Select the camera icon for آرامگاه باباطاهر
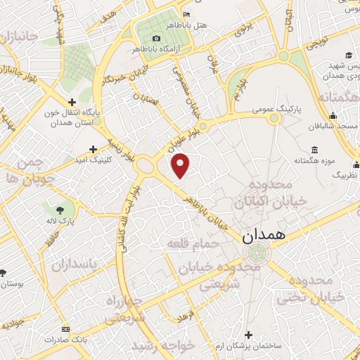pyautogui.click(x=155, y=38)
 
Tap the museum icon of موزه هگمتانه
pyautogui.click(x=314, y=151)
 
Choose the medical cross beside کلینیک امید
pyautogui.click(x=94, y=149)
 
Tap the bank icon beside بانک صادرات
pyautogui.click(x=65, y=328)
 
